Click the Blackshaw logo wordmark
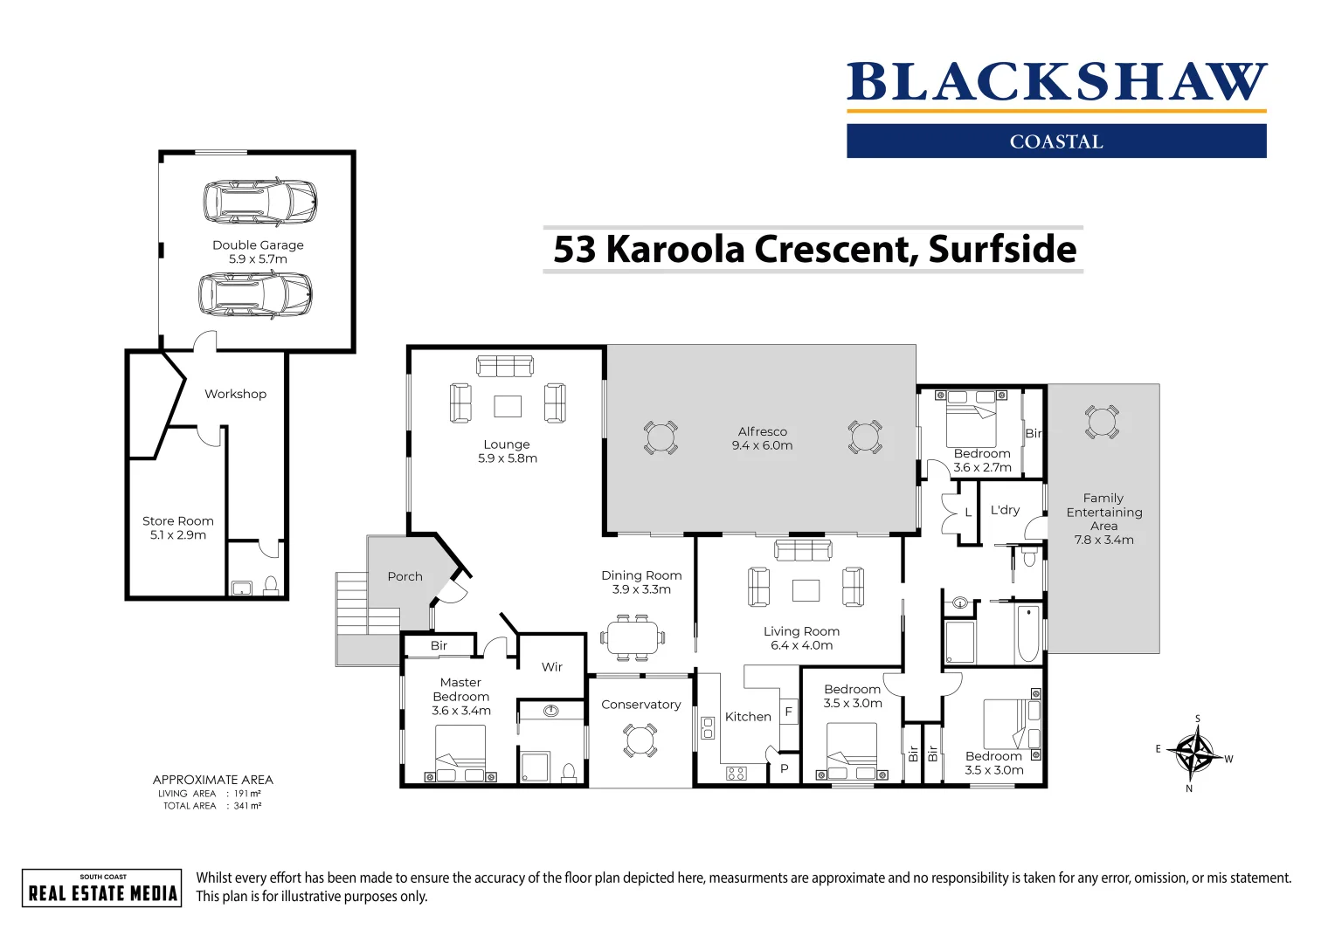click(1055, 82)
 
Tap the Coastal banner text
click(1055, 141)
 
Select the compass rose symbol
click(1194, 753)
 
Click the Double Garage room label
click(258, 245)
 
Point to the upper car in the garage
click(259, 201)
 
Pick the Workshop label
click(235, 394)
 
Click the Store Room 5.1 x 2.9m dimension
click(178, 535)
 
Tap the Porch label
click(405, 576)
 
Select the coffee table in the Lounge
click(508, 406)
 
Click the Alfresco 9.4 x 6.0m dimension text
click(762, 445)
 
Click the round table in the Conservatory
click(640, 740)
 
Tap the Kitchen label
click(748, 717)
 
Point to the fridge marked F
click(788, 712)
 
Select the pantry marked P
click(784, 769)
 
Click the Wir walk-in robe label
click(551, 667)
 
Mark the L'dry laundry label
click(1005, 510)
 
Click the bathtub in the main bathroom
click(1027, 634)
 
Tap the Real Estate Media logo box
click(102, 888)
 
